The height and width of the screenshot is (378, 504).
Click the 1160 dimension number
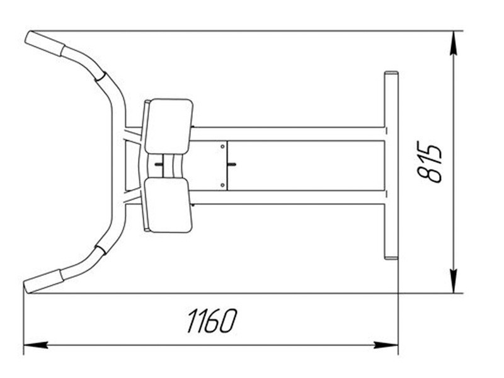[212, 321]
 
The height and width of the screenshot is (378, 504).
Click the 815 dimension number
[429, 162]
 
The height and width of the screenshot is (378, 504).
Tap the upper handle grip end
[45, 43]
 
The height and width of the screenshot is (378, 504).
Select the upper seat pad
[169, 127]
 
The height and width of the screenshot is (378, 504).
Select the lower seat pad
[168, 205]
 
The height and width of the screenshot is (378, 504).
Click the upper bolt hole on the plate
[222, 147]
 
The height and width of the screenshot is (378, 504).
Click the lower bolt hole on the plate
[222, 185]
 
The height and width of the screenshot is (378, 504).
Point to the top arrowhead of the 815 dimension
[453, 43]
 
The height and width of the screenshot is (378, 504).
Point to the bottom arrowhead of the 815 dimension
[453, 281]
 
